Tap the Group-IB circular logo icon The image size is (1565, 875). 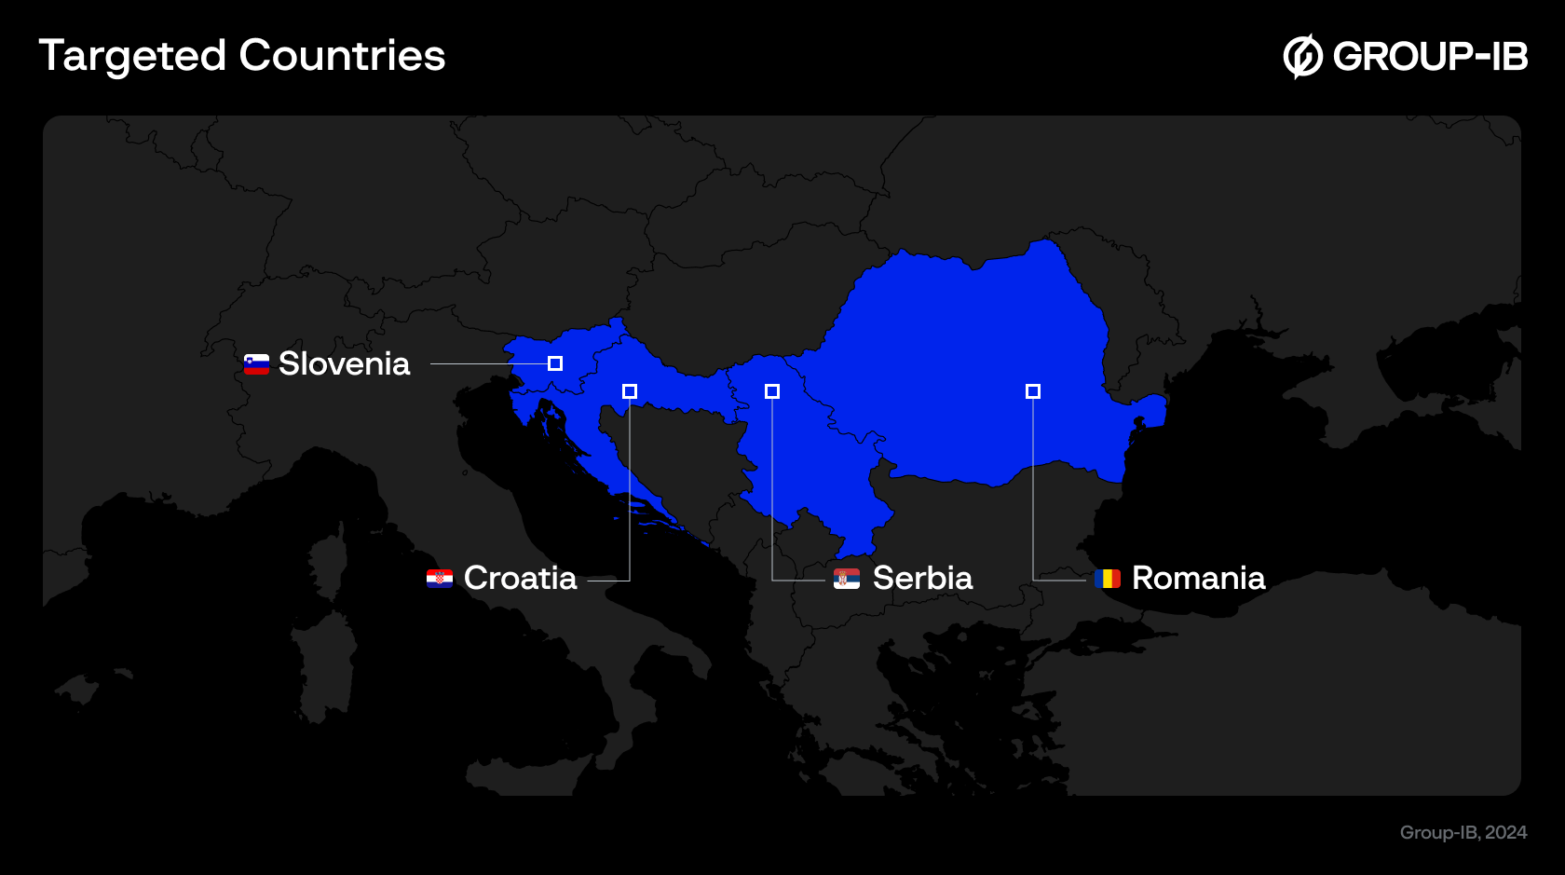[1302, 56]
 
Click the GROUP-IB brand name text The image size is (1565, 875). [1430, 56]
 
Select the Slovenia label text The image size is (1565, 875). [344, 363]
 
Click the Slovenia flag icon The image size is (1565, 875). [256, 364]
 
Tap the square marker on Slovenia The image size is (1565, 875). [555, 363]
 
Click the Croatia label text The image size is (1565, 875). [520, 578]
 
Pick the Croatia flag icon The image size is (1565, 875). [440, 579]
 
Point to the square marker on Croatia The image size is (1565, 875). [630, 391]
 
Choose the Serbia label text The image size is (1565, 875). [922, 578]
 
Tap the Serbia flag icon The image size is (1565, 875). [847, 579]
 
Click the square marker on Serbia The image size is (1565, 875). [772, 391]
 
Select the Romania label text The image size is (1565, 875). [1198, 578]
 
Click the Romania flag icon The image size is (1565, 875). [1108, 579]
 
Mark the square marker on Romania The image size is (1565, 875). [1033, 391]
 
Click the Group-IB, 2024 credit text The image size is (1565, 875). [1463, 832]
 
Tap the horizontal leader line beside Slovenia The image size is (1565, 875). [488, 363]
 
